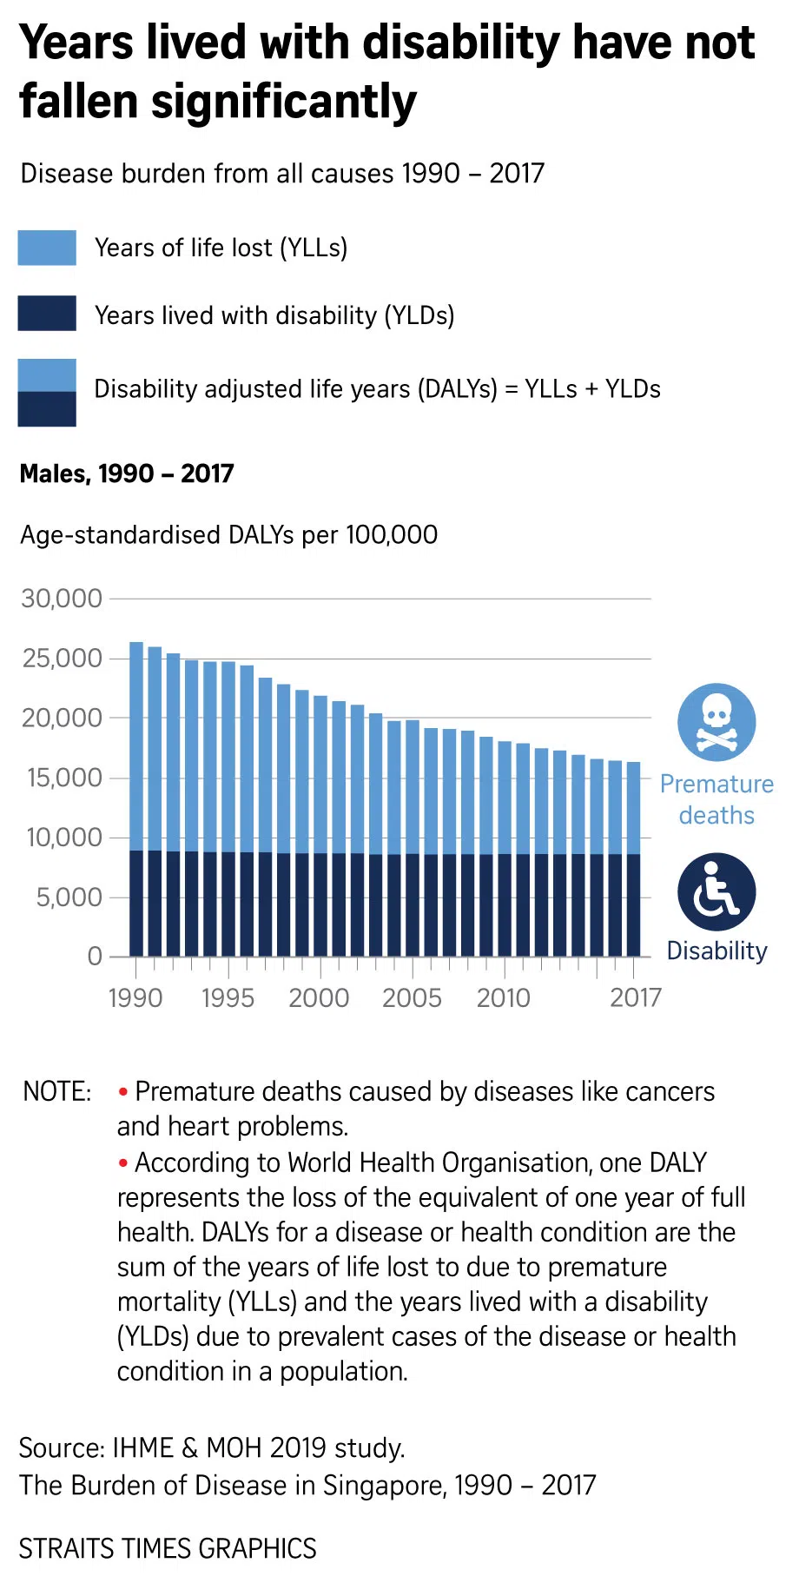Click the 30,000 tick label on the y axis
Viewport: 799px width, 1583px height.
coord(62,599)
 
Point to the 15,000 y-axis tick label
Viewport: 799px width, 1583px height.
coord(63,778)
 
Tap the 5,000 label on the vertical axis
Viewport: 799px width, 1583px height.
coord(69,897)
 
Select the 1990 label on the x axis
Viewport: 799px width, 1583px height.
coord(135,997)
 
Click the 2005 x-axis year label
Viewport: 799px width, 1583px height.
coord(412,997)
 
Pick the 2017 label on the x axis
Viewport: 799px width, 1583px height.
coord(636,997)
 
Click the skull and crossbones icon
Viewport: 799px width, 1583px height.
coord(716,722)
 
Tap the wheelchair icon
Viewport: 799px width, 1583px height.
coord(716,892)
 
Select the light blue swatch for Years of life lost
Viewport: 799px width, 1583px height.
coord(47,248)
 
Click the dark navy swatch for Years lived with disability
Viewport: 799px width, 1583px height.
coord(47,314)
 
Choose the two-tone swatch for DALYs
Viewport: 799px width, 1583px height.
coord(47,393)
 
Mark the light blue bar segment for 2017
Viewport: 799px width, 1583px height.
coord(634,808)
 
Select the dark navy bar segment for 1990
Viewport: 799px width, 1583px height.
coord(136,904)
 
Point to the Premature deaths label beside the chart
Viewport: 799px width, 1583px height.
coord(716,799)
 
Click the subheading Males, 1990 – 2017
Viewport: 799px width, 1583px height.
coord(127,474)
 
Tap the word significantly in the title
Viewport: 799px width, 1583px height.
coord(284,102)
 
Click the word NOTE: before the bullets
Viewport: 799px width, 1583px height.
coord(57,1091)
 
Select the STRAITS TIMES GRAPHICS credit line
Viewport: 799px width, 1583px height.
coord(168,1548)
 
